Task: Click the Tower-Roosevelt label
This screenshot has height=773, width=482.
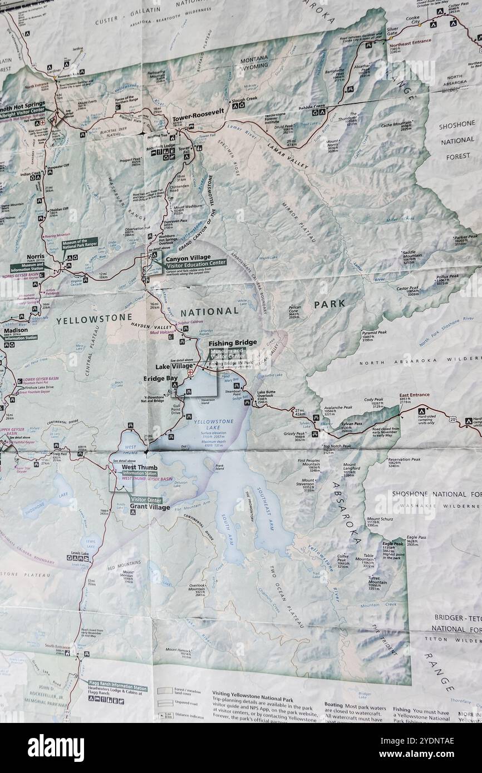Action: point(198,111)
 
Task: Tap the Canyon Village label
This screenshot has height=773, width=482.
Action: point(186,257)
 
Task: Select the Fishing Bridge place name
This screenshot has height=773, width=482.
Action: point(233,343)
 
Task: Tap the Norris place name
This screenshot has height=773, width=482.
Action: point(36,257)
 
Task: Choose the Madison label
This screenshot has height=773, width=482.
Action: point(15,330)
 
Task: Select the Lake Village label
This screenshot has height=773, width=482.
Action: point(173,366)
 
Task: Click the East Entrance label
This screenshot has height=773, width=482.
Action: point(414,395)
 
